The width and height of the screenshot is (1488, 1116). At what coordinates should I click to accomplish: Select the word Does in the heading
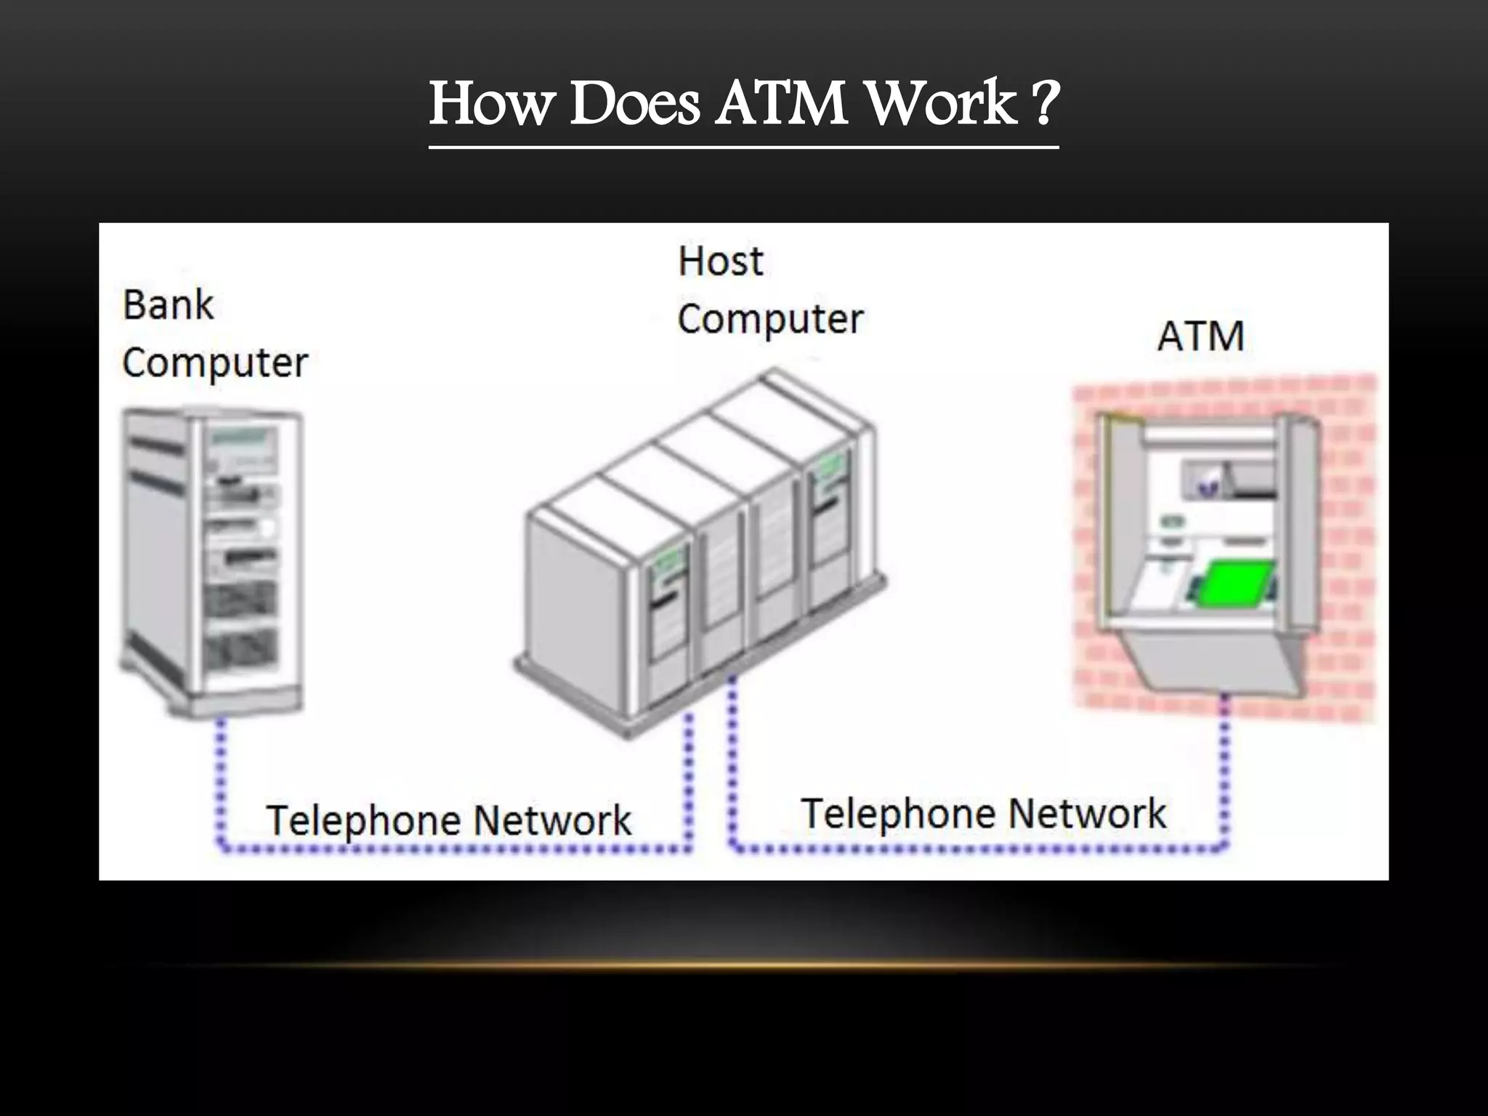[634, 104]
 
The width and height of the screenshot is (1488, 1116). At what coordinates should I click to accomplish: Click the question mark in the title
[1044, 104]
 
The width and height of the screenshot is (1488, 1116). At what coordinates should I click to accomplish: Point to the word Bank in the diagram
[168, 305]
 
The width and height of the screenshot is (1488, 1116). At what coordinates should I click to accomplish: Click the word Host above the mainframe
[720, 262]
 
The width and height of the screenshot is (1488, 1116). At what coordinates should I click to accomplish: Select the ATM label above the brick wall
[1200, 337]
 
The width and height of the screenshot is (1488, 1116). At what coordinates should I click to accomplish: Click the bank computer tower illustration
[211, 559]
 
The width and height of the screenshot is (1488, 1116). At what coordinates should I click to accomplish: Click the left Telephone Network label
[448, 820]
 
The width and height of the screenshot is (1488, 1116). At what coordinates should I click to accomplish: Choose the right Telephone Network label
[983, 814]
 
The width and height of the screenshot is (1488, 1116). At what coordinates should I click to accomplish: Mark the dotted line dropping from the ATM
[1225, 770]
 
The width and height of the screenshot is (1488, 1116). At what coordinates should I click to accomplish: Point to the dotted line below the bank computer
[220, 785]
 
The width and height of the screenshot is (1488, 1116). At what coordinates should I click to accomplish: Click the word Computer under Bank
[215, 363]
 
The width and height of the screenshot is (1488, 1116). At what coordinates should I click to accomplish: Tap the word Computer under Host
[770, 320]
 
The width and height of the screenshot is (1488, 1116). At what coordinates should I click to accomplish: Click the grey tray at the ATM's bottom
[1221, 661]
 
